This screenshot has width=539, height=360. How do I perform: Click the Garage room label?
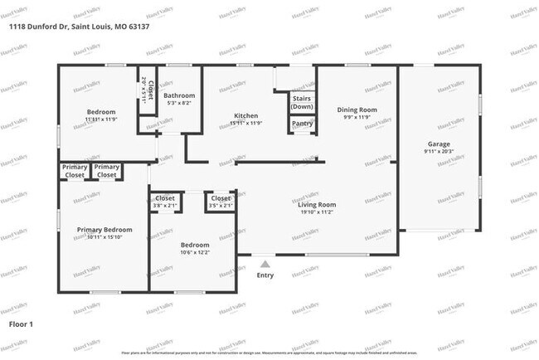coord(439,144)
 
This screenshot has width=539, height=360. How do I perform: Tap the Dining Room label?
coord(357,109)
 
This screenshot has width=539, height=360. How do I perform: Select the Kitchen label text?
coord(245,115)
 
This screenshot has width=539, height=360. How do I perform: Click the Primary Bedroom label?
coord(104,229)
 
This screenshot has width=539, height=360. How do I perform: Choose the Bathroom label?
coord(179,95)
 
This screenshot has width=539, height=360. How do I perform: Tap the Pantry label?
coord(302,124)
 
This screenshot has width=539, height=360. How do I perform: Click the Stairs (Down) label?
coord(302,102)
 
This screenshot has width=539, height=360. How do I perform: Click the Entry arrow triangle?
coord(265,263)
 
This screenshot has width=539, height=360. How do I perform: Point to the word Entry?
coord(265,275)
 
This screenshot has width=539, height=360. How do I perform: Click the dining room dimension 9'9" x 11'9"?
coord(357,118)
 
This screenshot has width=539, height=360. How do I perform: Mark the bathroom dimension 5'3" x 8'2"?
coord(179,103)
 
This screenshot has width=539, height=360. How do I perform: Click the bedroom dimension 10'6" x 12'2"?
coord(195,253)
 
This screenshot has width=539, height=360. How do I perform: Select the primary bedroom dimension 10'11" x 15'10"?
coord(104,237)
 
